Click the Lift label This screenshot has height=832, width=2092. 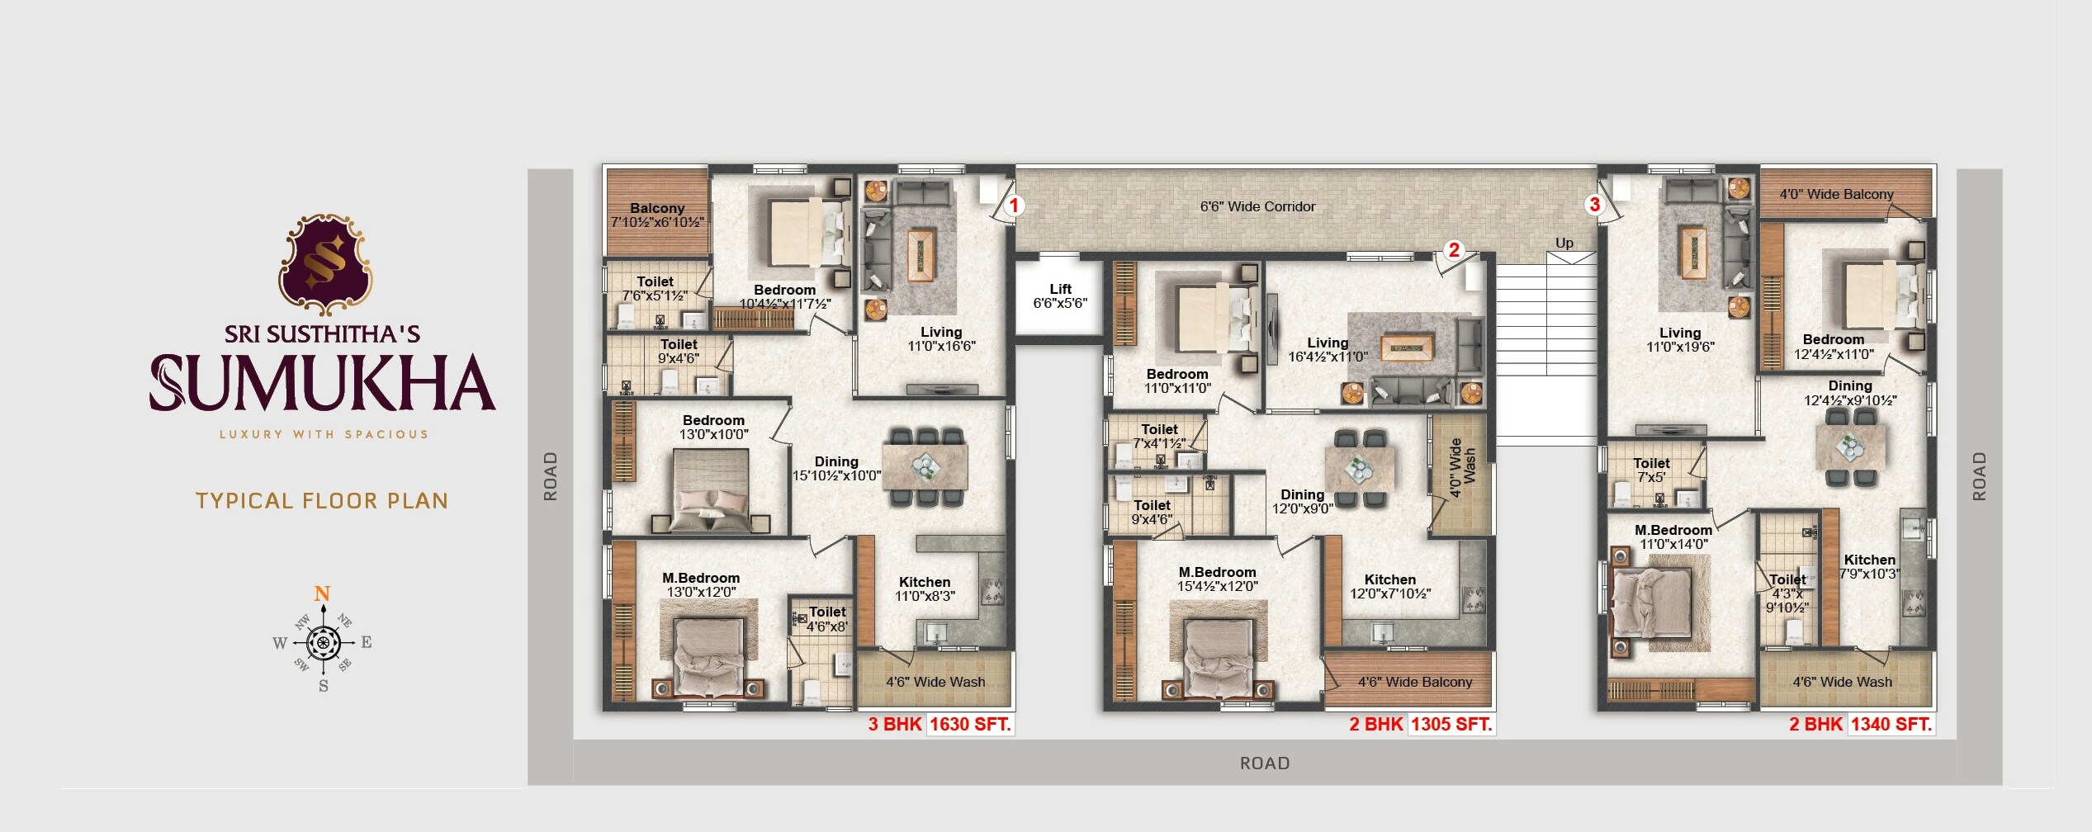[x=1060, y=295]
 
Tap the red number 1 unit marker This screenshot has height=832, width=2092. [x=1014, y=206]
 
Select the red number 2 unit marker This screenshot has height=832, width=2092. [x=1454, y=250]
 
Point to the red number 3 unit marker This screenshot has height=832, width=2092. [x=1594, y=205]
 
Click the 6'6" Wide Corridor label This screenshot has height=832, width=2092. [x=1257, y=206]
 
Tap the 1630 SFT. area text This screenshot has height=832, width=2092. [x=970, y=725]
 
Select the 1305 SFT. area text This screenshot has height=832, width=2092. [x=1451, y=725]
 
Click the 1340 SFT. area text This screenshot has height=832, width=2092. [x=1891, y=725]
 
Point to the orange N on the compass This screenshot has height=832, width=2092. [x=322, y=593]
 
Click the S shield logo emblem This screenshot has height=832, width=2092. [x=325, y=264]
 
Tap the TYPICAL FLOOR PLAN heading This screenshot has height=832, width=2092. [x=322, y=501]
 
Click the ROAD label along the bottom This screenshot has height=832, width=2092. [x=1264, y=763]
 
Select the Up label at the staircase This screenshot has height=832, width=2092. [x=1564, y=243]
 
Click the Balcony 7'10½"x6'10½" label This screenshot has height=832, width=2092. [x=657, y=215]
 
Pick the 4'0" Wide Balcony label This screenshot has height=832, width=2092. [x=1836, y=195]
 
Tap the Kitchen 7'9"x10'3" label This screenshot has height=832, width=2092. [x=1869, y=567]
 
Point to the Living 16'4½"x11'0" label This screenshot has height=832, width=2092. [x=1328, y=350]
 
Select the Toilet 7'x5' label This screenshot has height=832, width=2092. [x=1651, y=470]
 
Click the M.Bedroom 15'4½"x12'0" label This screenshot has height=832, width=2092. [x=1217, y=579]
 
